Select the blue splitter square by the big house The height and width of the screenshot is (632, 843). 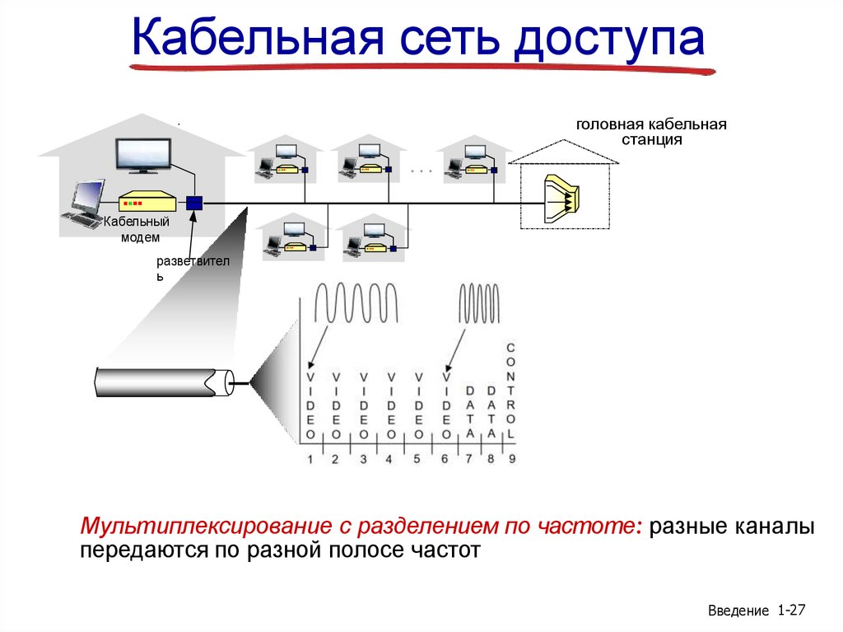pos(194,203)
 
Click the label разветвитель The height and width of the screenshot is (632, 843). pos(198,267)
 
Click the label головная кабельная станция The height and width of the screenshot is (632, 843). pos(651,132)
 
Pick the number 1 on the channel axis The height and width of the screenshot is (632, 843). pos(310,460)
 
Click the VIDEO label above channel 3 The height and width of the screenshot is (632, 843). pos(363,405)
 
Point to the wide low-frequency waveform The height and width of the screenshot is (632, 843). pos(359,303)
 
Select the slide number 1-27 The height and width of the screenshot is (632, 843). pos(790,611)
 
